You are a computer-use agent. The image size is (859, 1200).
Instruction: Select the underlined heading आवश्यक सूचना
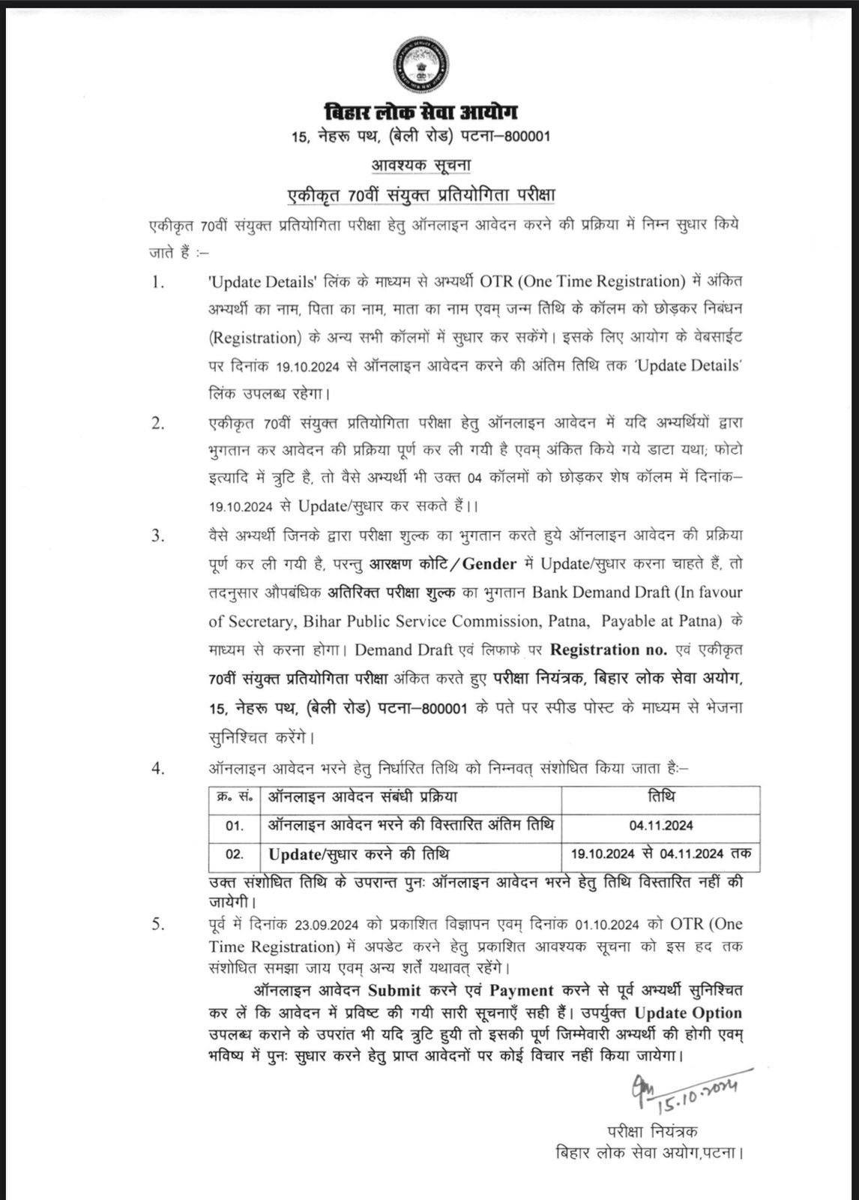click(x=421, y=164)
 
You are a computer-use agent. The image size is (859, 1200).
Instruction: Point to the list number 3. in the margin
click(x=157, y=536)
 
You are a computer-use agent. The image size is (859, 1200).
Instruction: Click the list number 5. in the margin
click(x=157, y=925)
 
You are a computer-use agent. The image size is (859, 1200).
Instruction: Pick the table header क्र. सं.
click(x=235, y=796)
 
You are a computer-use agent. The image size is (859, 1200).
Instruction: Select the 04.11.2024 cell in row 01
click(x=661, y=826)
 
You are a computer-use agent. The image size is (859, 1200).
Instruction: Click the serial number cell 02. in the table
click(x=235, y=855)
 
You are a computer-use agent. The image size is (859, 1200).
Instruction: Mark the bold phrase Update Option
click(x=687, y=1012)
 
